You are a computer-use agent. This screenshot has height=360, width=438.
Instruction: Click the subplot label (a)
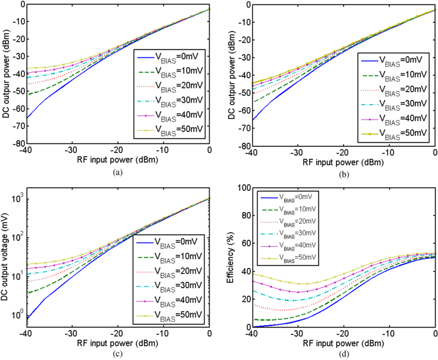pos(118,171)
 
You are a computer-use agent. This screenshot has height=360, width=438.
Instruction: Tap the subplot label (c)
pos(118,354)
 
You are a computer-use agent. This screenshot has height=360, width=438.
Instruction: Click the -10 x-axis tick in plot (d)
pos(389,335)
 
